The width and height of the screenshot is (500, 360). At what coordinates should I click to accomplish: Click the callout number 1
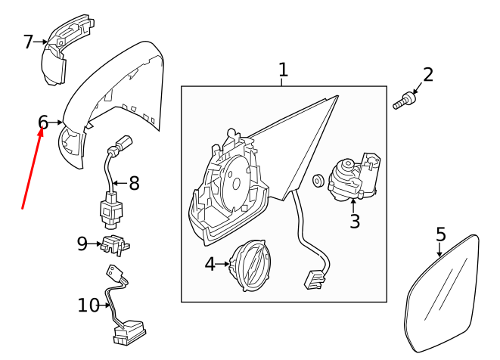point(283,70)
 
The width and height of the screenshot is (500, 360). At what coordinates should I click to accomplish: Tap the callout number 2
point(428,74)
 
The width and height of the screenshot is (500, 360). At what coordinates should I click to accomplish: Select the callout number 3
point(355,221)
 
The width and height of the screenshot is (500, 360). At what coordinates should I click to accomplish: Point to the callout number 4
point(210,264)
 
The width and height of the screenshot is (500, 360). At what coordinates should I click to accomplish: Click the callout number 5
point(441,234)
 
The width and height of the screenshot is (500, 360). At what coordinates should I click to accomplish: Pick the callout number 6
point(43,122)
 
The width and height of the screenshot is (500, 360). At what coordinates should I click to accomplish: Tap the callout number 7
point(29,42)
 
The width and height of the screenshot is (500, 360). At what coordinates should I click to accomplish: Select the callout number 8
point(135,182)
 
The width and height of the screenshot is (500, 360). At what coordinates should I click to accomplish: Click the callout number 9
point(82,244)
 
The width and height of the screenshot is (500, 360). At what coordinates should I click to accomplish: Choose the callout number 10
point(89,305)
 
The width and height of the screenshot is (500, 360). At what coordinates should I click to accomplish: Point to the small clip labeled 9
point(115,244)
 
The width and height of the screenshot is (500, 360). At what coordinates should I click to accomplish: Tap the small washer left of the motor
point(318,181)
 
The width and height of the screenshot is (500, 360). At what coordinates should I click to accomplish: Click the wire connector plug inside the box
point(314,279)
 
